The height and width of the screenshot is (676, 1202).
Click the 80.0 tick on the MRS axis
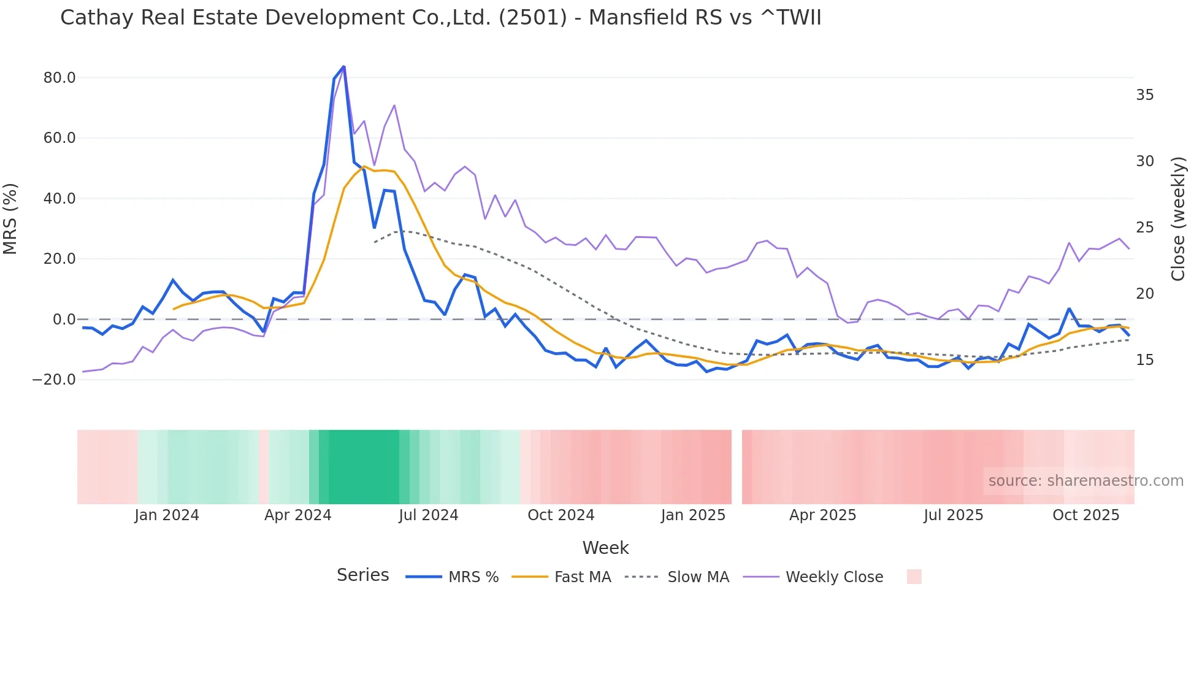click(x=59, y=78)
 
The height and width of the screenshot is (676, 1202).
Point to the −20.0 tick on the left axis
click(x=54, y=380)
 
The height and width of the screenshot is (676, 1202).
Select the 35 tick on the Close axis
click(x=1144, y=95)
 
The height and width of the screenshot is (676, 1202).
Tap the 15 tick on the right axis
click(x=1144, y=360)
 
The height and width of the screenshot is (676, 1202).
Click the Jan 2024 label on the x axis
click(x=167, y=515)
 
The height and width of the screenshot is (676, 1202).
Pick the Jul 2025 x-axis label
click(x=953, y=515)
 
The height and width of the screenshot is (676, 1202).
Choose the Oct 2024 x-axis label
click(x=561, y=515)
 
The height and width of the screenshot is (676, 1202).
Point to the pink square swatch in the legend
click(x=914, y=577)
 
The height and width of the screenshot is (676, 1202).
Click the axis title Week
click(x=605, y=548)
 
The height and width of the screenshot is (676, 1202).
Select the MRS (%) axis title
click(x=10, y=219)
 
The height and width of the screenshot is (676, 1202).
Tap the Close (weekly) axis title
click(x=1177, y=219)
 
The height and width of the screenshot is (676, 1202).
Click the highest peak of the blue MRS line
click(x=343, y=66)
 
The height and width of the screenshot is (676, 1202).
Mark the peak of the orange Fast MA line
click(x=364, y=166)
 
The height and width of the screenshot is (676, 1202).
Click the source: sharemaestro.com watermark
click(x=1085, y=481)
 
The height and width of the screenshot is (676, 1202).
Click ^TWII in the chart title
click(x=790, y=18)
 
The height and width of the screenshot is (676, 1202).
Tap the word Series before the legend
click(x=362, y=575)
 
